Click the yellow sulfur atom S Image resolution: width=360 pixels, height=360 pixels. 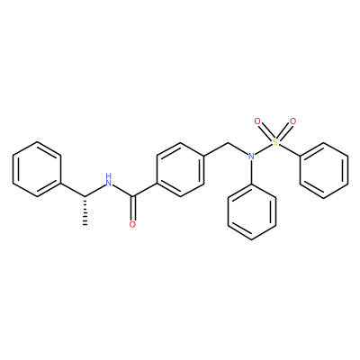[x=275, y=142]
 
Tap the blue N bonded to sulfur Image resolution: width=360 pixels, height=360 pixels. [x=251, y=156]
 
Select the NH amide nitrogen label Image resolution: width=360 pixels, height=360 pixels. [x=108, y=180]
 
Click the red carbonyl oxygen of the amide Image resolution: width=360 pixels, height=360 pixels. [x=133, y=224]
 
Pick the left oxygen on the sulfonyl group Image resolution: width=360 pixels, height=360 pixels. [x=257, y=121]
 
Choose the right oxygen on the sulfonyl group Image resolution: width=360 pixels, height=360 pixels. [x=293, y=121]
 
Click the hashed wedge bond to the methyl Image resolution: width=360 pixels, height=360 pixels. [x=85, y=211]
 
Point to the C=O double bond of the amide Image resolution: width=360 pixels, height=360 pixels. [x=133, y=209]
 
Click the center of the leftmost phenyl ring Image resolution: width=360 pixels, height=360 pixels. [x=37, y=169]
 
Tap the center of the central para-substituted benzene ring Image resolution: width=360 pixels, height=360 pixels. [x=181, y=169]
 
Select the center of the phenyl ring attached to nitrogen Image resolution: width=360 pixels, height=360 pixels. [x=251, y=211]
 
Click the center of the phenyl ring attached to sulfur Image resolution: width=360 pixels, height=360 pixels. [x=324, y=170]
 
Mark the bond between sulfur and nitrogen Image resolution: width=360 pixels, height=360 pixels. [x=264, y=149]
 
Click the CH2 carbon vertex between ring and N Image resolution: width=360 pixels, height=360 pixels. [x=229, y=142]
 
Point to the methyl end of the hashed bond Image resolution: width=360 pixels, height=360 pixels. [x=85, y=224]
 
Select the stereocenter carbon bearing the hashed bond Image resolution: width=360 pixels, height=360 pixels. [x=85, y=197]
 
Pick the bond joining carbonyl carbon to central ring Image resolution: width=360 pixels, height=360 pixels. [x=145, y=190]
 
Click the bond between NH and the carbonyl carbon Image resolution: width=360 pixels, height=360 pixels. [x=123, y=191]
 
